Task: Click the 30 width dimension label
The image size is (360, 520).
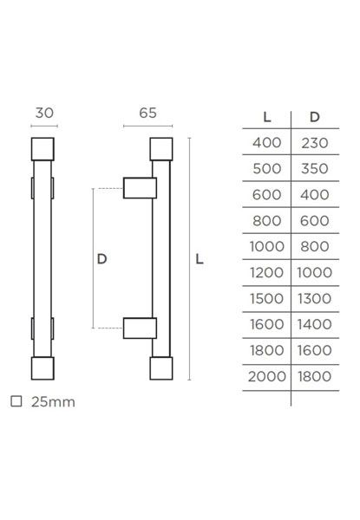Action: [x=44, y=113]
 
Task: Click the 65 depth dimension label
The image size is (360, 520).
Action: [x=148, y=113]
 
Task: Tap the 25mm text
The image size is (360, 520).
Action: [x=53, y=402]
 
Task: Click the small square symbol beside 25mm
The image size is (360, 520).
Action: [x=16, y=401]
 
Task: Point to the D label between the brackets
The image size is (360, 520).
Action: [x=101, y=258]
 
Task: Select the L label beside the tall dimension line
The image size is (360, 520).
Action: [x=200, y=258]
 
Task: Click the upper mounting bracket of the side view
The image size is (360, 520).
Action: [x=140, y=188]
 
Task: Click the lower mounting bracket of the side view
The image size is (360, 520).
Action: [x=140, y=328]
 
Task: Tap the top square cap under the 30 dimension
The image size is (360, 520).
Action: [x=43, y=149]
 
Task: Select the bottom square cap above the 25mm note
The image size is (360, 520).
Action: [x=43, y=368]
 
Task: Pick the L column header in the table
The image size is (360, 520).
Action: [x=267, y=117]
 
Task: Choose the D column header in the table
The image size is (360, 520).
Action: [x=315, y=117]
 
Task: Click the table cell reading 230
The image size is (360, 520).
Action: [x=315, y=143]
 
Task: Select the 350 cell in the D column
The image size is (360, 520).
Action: [x=315, y=168]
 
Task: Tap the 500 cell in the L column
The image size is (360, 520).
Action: [x=267, y=168]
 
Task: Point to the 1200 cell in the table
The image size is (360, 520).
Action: [x=267, y=273]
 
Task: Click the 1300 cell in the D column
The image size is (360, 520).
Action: [x=315, y=298]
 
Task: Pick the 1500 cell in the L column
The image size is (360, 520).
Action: [x=267, y=298]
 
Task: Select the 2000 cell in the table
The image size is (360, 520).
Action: [x=267, y=376]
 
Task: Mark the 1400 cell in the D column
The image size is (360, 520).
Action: [x=315, y=324]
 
